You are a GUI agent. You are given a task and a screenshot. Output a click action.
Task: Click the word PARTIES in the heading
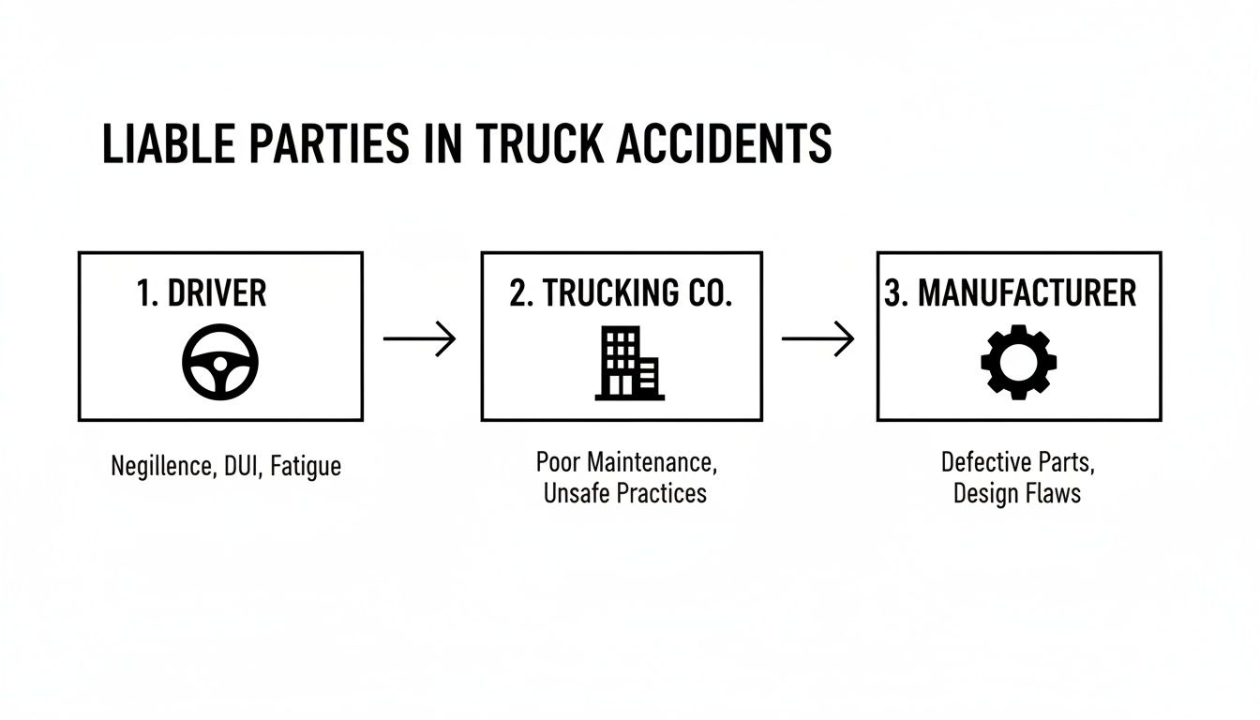[339, 144]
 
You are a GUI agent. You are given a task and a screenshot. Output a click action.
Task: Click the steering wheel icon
[220, 363]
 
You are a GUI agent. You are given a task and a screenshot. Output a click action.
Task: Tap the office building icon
[629, 363]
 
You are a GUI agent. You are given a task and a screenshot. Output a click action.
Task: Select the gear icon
[1018, 363]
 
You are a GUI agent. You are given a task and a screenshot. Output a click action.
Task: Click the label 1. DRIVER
[202, 293]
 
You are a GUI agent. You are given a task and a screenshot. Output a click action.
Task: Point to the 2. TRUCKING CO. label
[621, 293]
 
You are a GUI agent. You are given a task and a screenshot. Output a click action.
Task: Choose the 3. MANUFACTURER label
[1011, 293]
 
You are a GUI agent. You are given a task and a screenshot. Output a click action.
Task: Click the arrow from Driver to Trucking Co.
[420, 337]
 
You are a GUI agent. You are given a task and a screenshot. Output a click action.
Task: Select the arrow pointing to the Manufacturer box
[818, 337]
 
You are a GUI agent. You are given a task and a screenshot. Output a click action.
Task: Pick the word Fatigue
[306, 466]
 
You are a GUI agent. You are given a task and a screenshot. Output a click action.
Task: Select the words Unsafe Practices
[625, 493]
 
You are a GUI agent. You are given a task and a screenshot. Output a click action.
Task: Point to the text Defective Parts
[1017, 462]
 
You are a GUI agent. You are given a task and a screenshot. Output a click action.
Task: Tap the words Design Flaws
[1017, 493]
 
